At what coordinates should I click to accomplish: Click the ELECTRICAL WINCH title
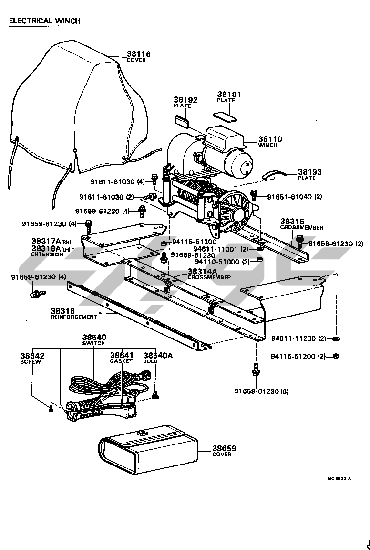coord(44,21)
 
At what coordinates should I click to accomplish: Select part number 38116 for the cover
coord(138,54)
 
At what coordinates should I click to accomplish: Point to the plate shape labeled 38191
coord(225,116)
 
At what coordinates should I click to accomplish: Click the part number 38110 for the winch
coord(270,139)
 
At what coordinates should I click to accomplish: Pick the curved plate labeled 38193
coord(274,175)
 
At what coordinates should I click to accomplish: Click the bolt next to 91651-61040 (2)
coord(254,195)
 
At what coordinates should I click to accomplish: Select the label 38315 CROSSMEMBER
coord(302,224)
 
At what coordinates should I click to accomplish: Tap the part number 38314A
coord(202,271)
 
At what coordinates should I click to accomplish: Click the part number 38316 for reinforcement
coord(63,311)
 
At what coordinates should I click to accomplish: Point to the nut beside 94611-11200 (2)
coord(336,338)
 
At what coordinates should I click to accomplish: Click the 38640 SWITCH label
coord(94,340)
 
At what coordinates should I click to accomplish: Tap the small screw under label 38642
coord(51,408)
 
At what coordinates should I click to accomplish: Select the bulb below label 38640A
coord(155,395)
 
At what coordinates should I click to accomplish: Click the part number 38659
coord(224,448)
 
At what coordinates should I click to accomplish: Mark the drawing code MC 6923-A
coord(339,479)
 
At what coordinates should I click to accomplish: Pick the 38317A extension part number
coord(46,241)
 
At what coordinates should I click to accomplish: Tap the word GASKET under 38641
coord(121,361)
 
